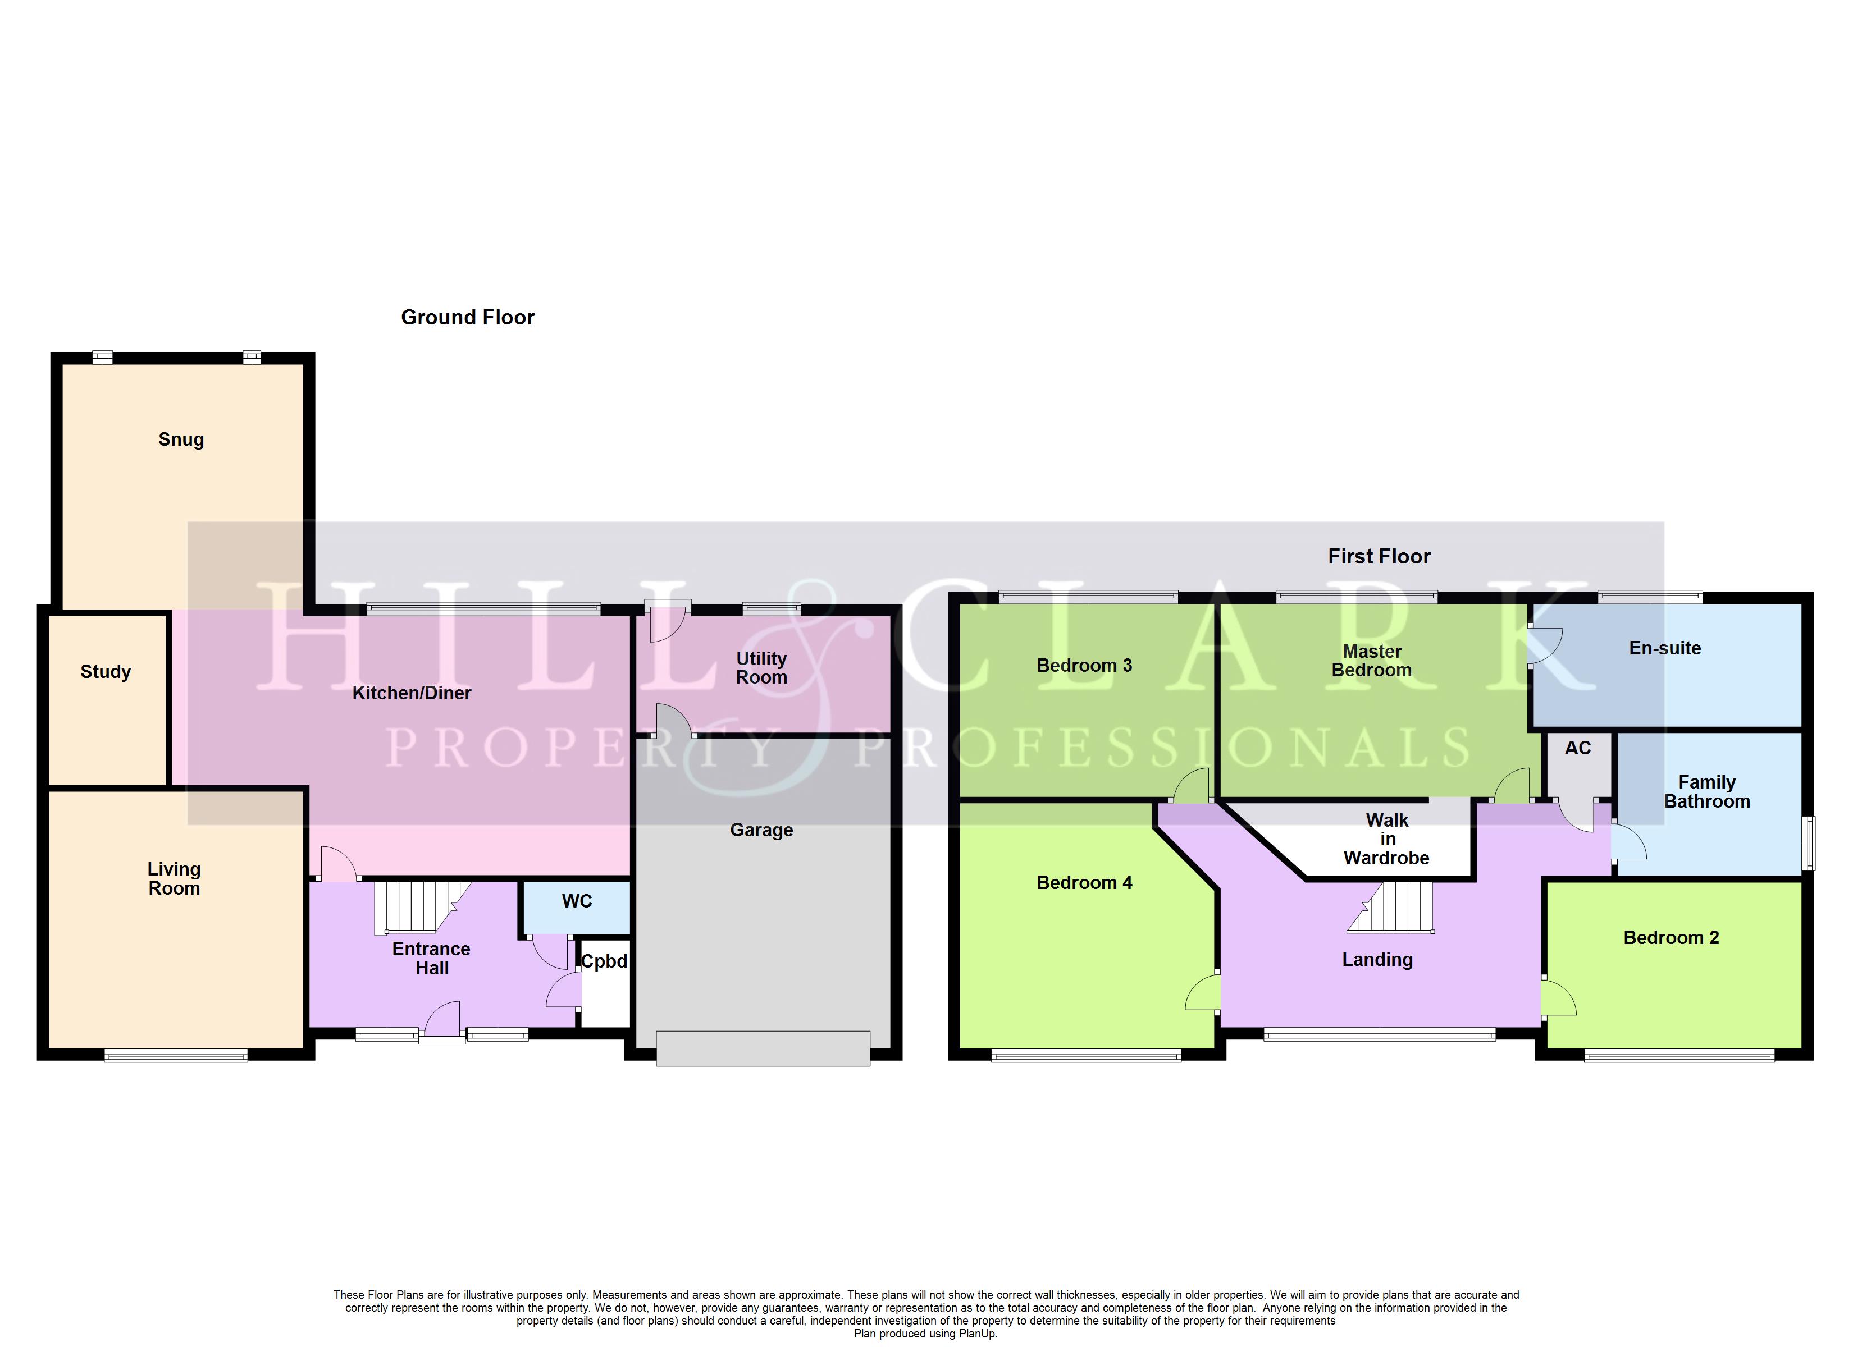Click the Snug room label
181,439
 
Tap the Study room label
106,671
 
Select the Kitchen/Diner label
411,693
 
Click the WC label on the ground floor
576,901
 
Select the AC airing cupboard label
1578,748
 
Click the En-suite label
1664,648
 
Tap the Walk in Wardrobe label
1386,839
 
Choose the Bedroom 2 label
1671,938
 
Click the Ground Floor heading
467,317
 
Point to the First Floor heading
1379,556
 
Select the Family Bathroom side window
1810,843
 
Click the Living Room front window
176,1056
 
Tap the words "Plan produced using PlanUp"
926,1333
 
